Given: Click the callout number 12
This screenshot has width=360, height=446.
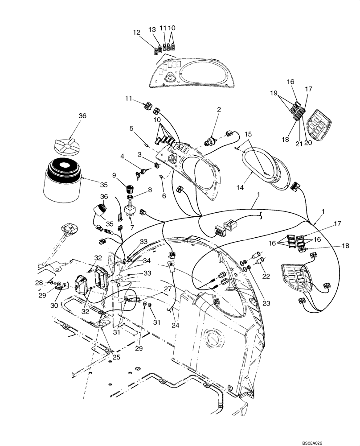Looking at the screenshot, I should (136, 32).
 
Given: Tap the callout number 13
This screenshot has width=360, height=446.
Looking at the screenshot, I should (152, 29).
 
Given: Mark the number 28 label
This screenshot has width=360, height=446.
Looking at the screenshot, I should (39, 282).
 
